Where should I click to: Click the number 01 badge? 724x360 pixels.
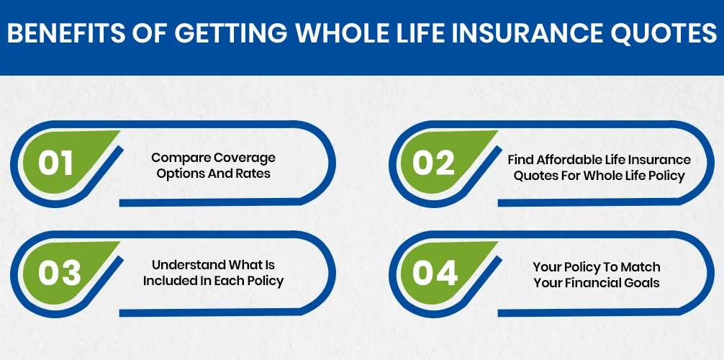pyautogui.click(x=56, y=163)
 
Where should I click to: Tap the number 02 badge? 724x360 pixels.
pyautogui.click(x=434, y=163)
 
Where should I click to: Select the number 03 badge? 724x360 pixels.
pyautogui.click(x=56, y=273)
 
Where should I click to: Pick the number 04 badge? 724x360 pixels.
pyautogui.click(x=434, y=273)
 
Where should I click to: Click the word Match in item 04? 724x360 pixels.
pyautogui.click(x=643, y=267)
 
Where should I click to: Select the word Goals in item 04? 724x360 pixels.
pyautogui.click(x=643, y=283)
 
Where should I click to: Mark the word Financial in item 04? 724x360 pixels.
pyautogui.click(x=594, y=283)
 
